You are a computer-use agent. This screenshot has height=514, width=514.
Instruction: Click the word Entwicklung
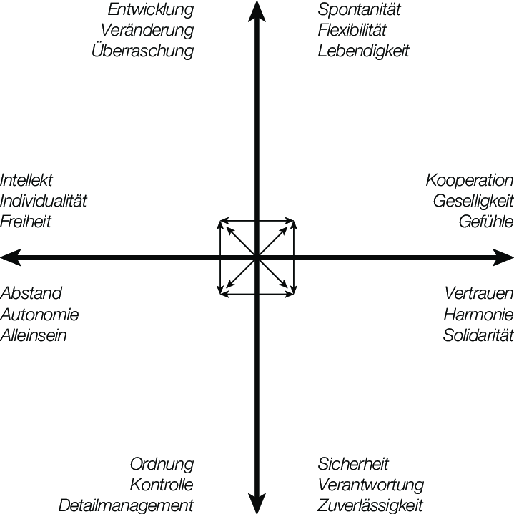tap(150, 10)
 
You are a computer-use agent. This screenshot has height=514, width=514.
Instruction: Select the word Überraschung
tap(142, 51)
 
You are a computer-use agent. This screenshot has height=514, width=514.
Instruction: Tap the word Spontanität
tap(360, 10)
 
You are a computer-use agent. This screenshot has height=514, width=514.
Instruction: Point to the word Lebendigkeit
tap(364, 51)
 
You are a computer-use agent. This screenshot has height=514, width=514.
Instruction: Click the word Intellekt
tap(26, 180)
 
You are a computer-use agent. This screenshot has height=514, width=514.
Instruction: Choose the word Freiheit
tap(26, 222)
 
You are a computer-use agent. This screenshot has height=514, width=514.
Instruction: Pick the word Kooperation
tap(470, 180)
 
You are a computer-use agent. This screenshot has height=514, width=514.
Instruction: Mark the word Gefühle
tap(486, 222)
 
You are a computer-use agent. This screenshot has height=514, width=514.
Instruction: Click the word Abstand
tap(31, 293)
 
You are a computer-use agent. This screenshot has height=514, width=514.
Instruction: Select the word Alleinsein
tap(34, 335)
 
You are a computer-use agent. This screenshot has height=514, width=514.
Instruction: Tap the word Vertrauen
tap(478, 293)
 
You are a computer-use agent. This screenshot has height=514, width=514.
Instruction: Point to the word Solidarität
tap(478, 335)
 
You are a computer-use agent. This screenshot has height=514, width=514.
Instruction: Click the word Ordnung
tap(162, 464)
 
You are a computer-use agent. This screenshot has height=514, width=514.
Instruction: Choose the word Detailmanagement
tap(127, 505)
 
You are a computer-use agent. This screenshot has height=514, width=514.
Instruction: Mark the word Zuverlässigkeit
tap(371, 505)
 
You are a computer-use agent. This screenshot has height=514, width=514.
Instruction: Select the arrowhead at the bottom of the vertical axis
tap(256, 504)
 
